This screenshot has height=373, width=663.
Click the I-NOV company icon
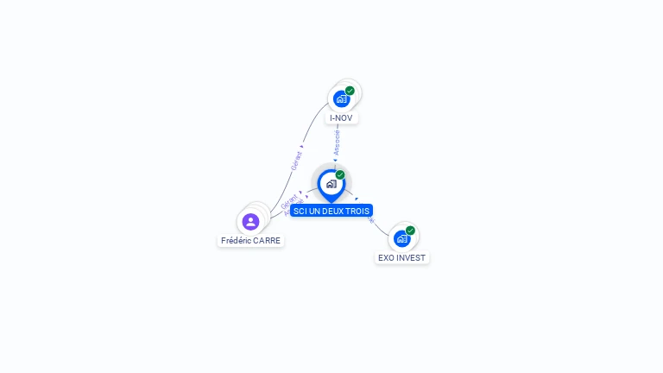(342, 99)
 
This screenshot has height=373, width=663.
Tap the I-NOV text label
(341, 117)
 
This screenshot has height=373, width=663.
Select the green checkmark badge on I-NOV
(350, 91)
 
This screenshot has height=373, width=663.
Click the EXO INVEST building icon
(401, 238)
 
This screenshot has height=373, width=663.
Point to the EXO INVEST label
(402, 257)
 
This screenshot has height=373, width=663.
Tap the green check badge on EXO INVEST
(410, 231)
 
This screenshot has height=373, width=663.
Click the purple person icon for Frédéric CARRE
(250, 222)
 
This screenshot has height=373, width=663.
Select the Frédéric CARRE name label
(250, 241)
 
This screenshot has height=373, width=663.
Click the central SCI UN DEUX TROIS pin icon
(331, 183)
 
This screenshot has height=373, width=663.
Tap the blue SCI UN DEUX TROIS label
(331, 211)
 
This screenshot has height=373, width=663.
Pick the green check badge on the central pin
(340, 175)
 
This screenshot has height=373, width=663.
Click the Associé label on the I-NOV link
(337, 142)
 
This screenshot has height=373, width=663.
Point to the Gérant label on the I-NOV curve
(297, 160)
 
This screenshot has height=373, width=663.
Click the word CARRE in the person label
(267, 241)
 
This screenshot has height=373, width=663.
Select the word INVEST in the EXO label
(411, 257)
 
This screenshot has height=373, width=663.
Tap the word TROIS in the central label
(357, 211)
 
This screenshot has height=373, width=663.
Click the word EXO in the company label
(386, 257)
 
